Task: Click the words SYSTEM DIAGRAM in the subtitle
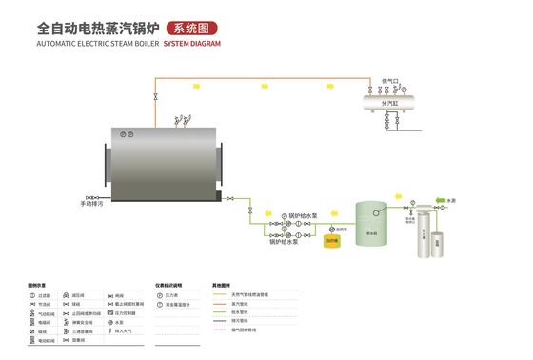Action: pyautogui.click(x=191, y=44)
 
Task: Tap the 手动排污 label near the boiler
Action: pyautogui.click(x=92, y=203)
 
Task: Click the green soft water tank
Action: pyautogui.click(x=372, y=225)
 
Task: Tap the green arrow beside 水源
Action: pyautogui.click(x=440, y=199)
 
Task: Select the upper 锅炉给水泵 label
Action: pyautogui.click(x=303, y=214)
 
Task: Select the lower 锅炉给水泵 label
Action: pyautogui.click(x=285, y=242)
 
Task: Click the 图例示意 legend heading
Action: pyautogui.click(x=37, y=285)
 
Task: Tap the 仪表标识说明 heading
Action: pyautogui.click(x=168, y=285)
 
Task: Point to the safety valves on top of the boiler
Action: pyautogui.click(x=180, y=120)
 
